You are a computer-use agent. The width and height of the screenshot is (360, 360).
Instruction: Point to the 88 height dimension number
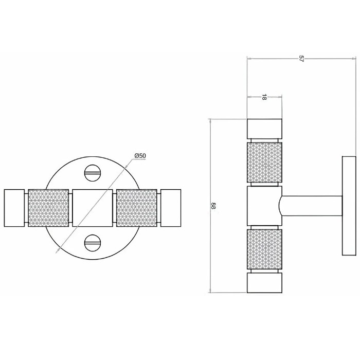tap(213, 206)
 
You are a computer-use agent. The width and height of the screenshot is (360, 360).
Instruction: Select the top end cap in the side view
tap(264, 129)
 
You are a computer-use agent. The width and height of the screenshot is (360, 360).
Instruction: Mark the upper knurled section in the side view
tap(264, 163)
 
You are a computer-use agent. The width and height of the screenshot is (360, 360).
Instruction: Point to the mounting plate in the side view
tap(349, 206)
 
